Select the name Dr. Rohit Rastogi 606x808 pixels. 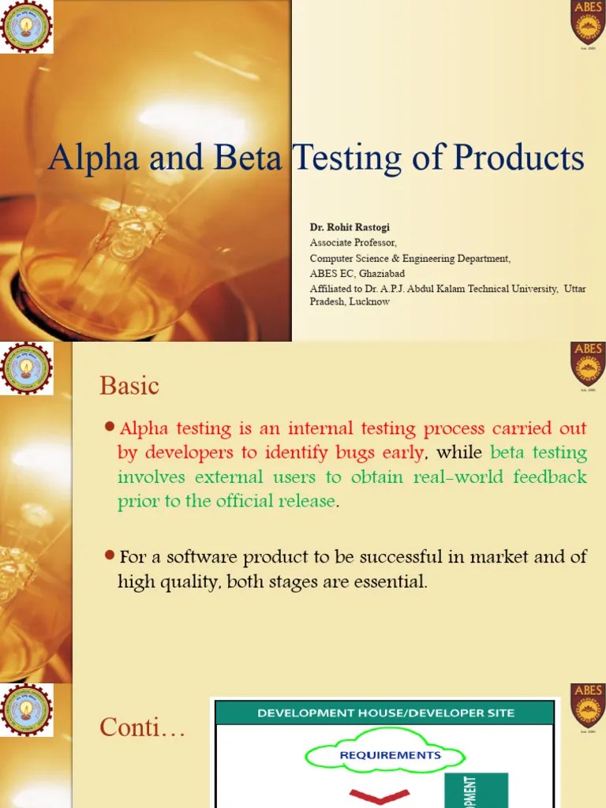tap(350, 227)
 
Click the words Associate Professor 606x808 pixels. tap(353, 242)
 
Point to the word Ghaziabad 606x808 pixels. tap(376, 273)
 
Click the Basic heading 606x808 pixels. tap(129, 386)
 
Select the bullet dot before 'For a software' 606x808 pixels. tap(110, 556)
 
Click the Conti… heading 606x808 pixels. tap(142, 729)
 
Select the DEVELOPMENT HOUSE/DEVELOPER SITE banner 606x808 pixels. tap(385, 713)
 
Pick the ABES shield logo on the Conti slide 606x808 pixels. tap(587, 705)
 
